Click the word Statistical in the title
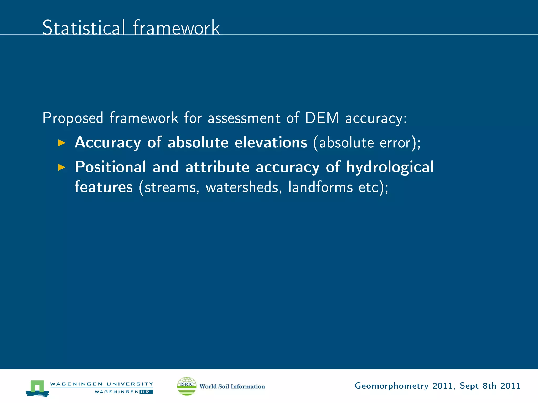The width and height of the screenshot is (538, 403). pos(83,28)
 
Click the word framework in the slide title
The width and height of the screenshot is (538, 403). pos(176,28)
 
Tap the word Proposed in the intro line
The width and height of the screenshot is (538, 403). pos(73,118)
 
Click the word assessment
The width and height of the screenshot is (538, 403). pos(244,118)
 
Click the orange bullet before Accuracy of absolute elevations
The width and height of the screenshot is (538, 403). pos(61,143)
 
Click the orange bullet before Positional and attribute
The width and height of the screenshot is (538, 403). pos(61,167)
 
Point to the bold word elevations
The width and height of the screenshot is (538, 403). pos(271,142)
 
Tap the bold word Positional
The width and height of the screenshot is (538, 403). pos(110,167)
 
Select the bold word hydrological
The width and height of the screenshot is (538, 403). pos(390,167)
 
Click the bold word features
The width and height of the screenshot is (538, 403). pos(104,187)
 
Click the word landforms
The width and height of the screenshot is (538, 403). pos(320,187)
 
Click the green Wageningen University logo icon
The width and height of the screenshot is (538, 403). pos(37,388)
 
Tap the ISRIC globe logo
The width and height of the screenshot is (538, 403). pos(187,386)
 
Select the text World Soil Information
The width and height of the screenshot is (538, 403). pos(232,386)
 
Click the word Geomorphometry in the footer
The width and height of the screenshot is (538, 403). pos(391,386)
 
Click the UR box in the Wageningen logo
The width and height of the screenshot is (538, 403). pos(146,392)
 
